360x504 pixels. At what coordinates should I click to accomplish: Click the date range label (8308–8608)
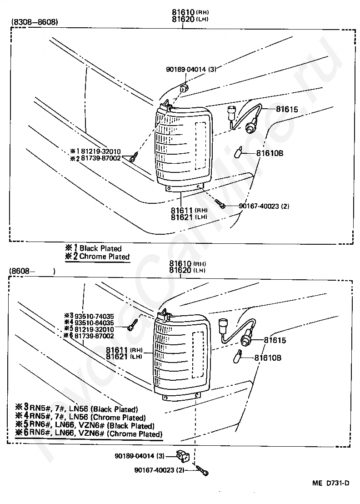coord(35,22)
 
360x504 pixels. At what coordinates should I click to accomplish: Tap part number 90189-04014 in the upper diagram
coord(186,69)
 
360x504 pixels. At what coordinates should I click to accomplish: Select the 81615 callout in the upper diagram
coord(287,109)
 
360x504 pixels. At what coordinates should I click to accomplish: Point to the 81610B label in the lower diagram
coord(268,358)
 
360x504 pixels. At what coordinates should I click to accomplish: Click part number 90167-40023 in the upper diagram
coord(259,206)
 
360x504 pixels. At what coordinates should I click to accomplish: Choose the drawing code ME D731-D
coord(331,483)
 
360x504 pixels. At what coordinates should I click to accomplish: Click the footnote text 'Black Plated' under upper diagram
coord(100,248)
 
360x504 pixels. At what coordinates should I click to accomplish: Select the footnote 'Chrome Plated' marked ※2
coord(105,257)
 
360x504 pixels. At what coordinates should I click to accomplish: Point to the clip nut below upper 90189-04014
coord(184,88)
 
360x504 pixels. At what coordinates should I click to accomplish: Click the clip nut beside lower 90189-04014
coord(183,456)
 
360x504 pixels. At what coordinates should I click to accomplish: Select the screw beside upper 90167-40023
coord(220,203)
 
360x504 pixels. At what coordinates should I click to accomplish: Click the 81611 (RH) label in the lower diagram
coord(124,350)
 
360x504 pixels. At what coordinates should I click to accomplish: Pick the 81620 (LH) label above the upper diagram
coord(190,19)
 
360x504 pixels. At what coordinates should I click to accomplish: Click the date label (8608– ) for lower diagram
coord(32,271)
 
